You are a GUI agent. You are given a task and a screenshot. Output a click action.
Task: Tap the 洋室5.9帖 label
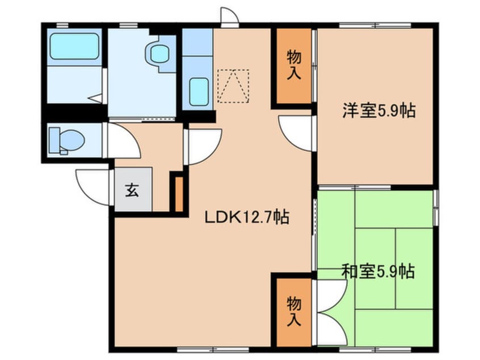378,110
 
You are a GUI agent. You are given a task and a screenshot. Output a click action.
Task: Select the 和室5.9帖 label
377,271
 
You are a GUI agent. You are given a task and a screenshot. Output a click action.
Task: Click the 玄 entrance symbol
132,190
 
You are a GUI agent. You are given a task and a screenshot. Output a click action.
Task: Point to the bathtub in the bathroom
74,46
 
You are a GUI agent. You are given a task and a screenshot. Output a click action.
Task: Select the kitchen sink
198,91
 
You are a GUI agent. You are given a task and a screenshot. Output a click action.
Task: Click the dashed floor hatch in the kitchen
233,86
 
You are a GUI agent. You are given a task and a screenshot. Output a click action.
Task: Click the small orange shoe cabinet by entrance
179,194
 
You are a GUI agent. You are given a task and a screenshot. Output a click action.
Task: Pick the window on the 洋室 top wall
374,25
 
